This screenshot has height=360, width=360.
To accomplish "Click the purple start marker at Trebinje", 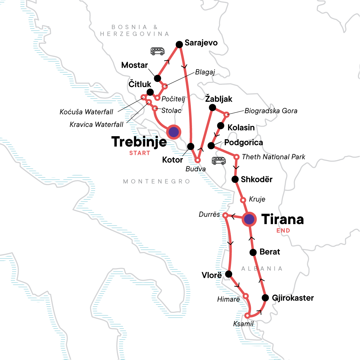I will [174, 132].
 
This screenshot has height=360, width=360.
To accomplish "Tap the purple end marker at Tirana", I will [249, 219].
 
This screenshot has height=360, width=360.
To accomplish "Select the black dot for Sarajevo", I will [179, 45].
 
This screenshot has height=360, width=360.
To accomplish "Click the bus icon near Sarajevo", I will [157, 51].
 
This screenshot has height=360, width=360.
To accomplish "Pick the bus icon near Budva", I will [218, 161].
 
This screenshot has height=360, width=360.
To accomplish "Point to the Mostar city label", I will [134, 65].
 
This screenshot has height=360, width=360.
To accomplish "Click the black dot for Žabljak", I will [212, 107].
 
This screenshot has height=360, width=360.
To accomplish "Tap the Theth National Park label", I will [273, 157].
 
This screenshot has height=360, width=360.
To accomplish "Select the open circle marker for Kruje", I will [243, 200].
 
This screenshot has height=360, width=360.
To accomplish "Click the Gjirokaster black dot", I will [265, 298].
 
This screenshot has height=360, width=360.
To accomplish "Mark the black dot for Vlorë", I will [229, 274].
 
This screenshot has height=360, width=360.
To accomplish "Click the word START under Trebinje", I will [139, 153].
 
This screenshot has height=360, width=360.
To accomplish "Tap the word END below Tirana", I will [283, 231].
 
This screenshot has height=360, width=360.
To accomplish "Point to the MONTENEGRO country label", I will [157, 181].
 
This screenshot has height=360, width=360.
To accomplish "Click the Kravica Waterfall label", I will [96, 124].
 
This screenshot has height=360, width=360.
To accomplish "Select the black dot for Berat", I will [253, 252].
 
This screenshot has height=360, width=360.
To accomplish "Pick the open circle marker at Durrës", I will [225, 215].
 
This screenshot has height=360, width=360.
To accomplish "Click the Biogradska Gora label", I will [271, 111].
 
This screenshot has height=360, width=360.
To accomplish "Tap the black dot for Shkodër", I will [235, 179].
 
